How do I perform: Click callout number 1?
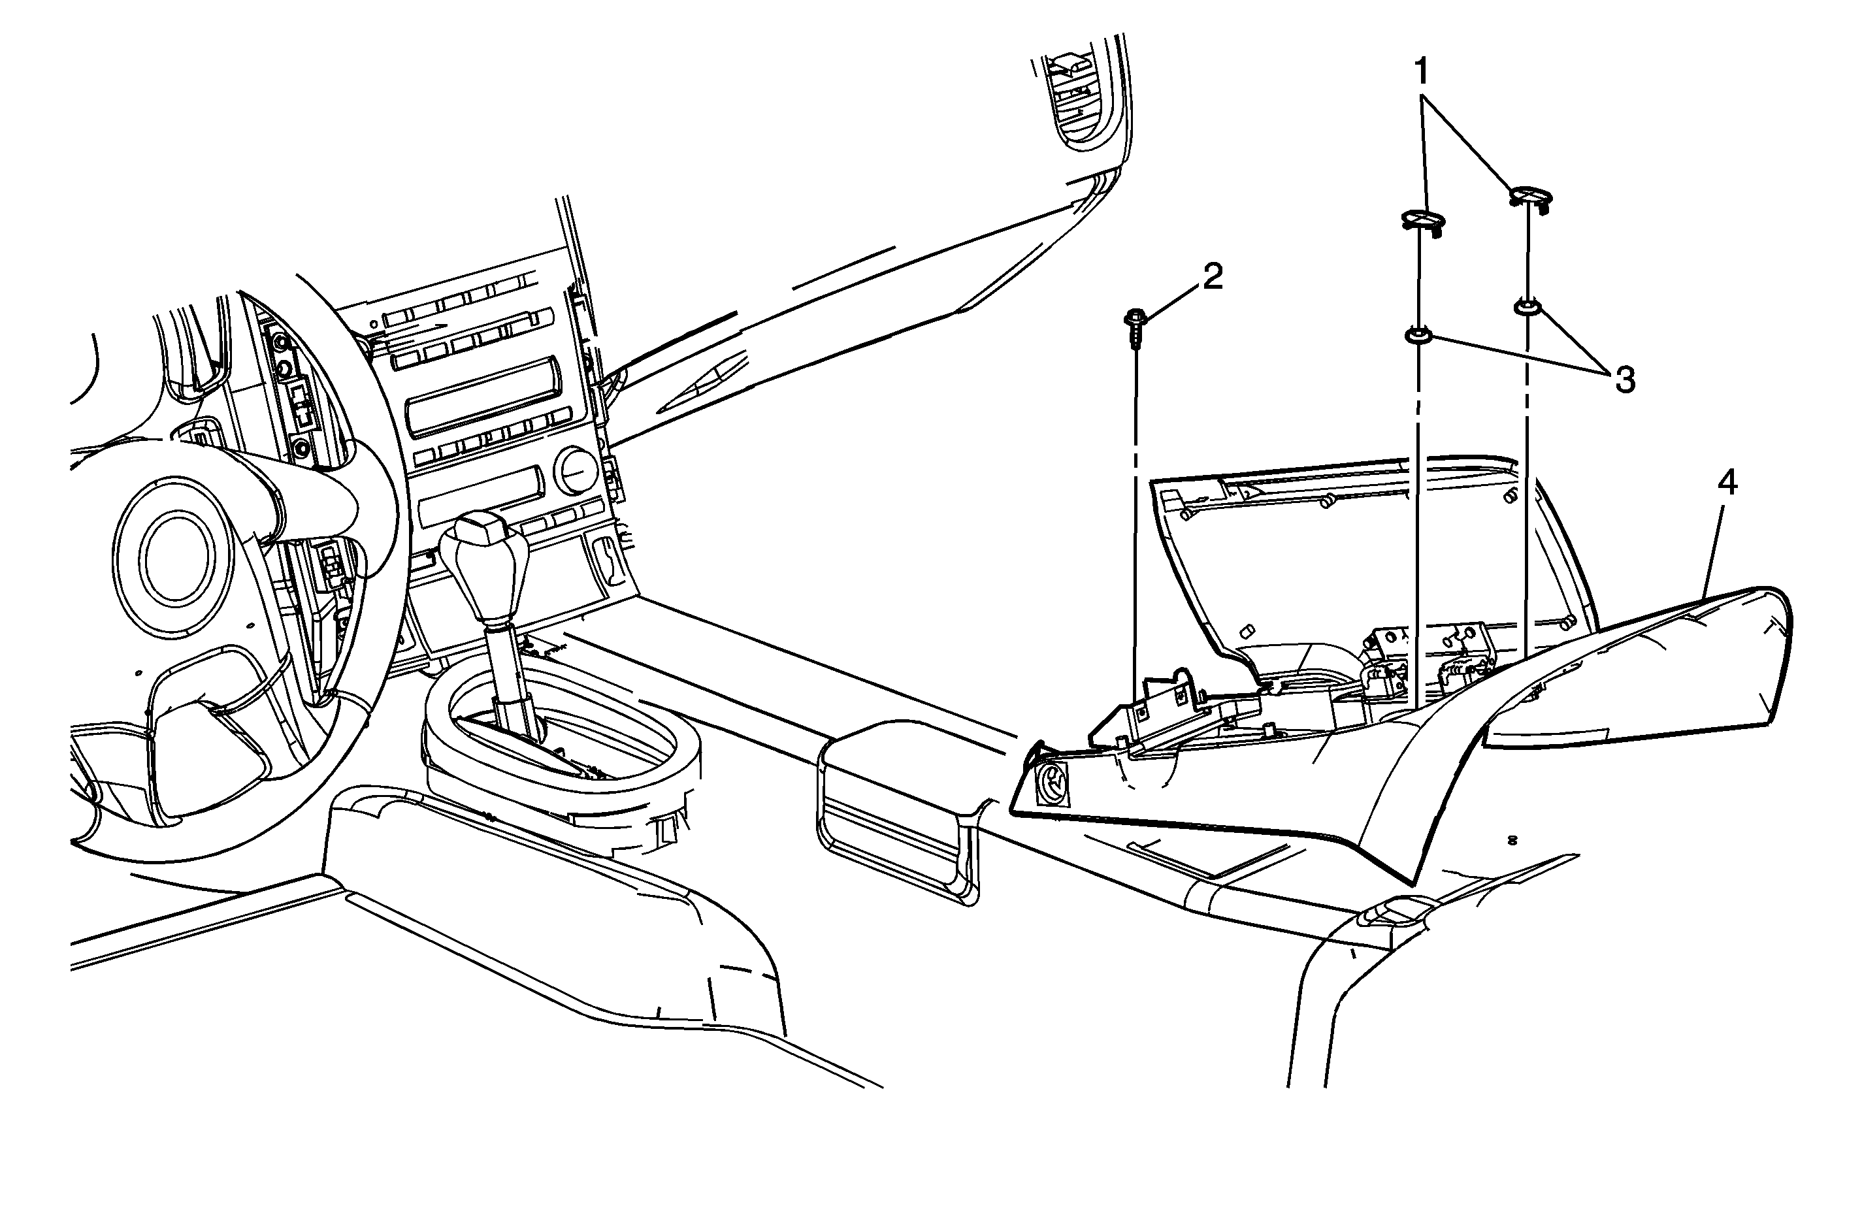pos(1422,73)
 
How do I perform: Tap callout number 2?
pos(1212,277)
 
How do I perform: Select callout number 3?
pos(1624,381)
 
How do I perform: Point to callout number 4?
pos(1727,483)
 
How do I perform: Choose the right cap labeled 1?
pos(1529,199)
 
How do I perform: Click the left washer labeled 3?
pos(1418,336)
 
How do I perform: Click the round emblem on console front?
pos(1051,783)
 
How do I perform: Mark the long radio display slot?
pos(483,395)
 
